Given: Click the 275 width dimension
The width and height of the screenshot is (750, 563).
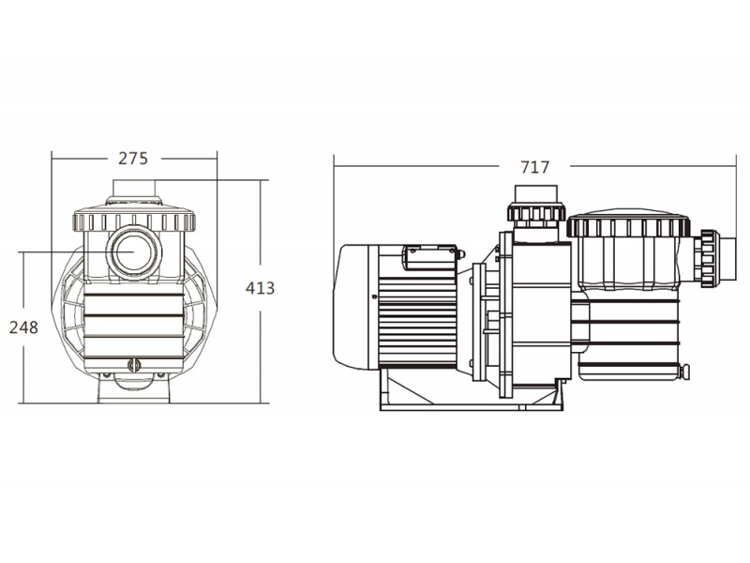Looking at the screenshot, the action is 133,158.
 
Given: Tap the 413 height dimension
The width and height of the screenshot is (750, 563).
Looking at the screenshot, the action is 260,288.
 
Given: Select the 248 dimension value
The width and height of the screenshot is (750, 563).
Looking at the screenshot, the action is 23,327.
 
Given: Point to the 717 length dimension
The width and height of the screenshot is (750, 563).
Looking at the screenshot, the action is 534,167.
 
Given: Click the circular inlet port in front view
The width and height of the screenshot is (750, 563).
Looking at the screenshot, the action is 133,252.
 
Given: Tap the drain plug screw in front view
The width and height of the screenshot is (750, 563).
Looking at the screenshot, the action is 134,366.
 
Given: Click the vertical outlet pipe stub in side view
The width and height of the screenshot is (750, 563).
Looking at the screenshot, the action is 535,194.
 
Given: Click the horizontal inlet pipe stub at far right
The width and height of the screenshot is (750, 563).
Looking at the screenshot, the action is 728,259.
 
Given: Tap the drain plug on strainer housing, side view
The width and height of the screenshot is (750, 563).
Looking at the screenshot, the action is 685,372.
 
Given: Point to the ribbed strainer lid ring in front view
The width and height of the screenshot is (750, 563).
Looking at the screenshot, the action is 134,221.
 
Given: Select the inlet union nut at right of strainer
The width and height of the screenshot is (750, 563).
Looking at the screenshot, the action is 706,259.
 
